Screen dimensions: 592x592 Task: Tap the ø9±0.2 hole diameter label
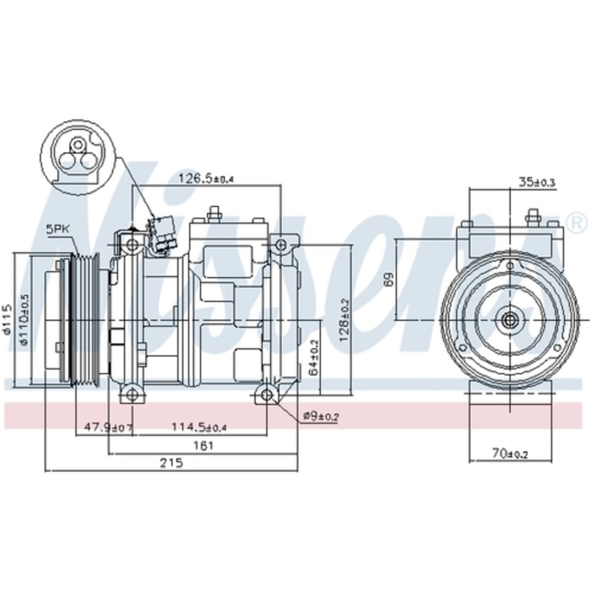(x=320, y=417)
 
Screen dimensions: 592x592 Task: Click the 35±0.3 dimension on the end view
(x=536, y=182)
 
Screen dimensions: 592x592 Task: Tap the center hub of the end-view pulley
(x=509, y=321)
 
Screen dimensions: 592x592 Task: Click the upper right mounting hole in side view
(x=280, y=244)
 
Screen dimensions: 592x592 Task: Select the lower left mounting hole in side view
(x=131, y=392)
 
